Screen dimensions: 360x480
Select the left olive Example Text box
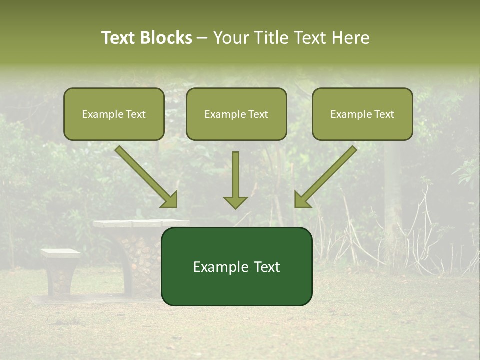114,114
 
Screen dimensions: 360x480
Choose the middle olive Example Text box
236,114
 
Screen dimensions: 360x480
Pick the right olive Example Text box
362,114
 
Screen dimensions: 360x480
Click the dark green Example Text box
236,266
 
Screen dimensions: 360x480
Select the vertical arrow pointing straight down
235,180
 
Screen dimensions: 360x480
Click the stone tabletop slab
141,223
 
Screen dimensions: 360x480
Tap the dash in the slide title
202,38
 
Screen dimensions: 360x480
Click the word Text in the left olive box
135,114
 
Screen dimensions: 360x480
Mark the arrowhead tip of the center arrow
235,208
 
